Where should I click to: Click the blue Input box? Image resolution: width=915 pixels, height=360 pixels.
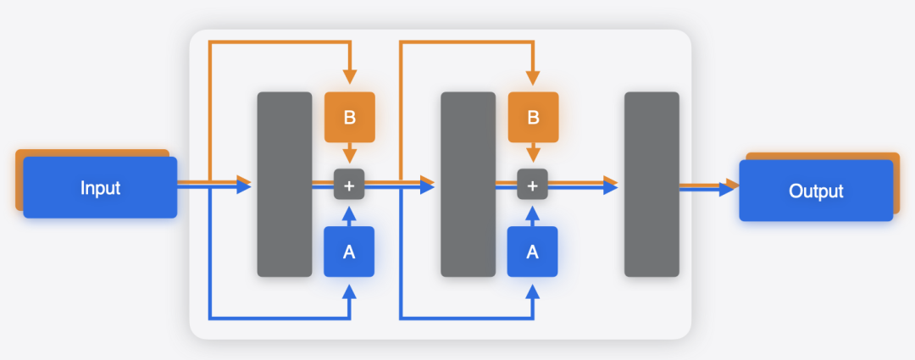pyautogui.click(x=100, y=188)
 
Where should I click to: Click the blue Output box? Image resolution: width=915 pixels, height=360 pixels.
pyautogui.click(x=816, y=191)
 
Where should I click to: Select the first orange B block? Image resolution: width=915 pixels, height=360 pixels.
pyautogui.click(x=349, y=117)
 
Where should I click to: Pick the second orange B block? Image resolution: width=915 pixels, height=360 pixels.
pyautogui.click(x=533, y=117)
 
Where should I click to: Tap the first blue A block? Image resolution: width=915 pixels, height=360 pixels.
pyautogui.click(x=349, y=252)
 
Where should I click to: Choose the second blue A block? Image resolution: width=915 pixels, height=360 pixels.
pyautogui.click(x=533, y=252)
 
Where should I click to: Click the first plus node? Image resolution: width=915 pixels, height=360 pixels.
pyautogui.click(x=349, y=185)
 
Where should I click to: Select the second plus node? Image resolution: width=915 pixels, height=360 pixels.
pyautogui.click(x=533, y=185)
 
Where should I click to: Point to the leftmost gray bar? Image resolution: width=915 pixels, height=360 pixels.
pyautogui.click(x=285, y=185)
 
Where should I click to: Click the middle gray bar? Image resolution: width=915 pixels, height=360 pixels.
pyautogui.click(x=468, y=185)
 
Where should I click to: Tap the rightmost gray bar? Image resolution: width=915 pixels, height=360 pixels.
pyautogui.click(x=652, y=185)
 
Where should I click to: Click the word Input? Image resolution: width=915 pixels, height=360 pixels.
pyautogui.click(x=100, y=188)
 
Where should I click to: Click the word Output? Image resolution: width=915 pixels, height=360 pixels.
pyautogui.click(x=816, y=191)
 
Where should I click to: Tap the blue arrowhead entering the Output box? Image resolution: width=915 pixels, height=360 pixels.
pyautogui.click(x=727, y=190)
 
